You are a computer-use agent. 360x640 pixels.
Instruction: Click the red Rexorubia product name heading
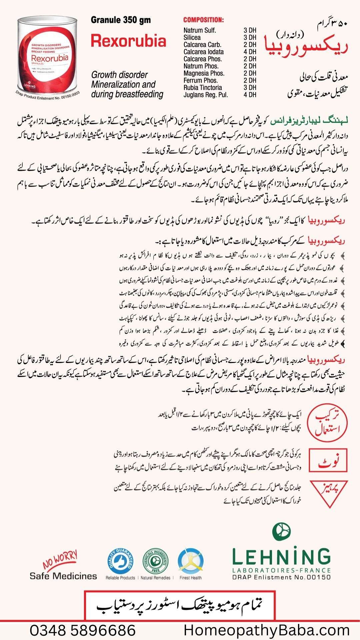point(128,41)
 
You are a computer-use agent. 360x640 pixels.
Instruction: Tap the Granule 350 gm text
point(121,20)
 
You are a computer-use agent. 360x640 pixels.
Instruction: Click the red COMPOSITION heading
point(203,20)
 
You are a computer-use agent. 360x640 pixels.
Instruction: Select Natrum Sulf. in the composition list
point(200,30)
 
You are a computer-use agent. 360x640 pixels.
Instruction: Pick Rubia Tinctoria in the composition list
point(202,88)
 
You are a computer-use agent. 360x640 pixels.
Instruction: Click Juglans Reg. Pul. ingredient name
point(205,95)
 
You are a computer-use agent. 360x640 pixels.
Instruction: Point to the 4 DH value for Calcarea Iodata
point(250,52)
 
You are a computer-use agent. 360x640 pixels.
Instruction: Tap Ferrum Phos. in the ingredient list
point(200,80)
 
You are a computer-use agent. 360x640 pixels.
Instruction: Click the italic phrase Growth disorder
point(119,75)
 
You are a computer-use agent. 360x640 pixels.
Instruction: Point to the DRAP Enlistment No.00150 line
point(281,577)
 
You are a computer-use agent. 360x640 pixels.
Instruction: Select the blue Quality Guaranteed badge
point(120,561)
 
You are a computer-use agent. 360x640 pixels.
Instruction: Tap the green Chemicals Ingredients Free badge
point(155,561)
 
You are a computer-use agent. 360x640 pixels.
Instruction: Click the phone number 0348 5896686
point(83,630)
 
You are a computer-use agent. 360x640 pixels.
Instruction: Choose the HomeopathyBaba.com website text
point(267,630)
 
